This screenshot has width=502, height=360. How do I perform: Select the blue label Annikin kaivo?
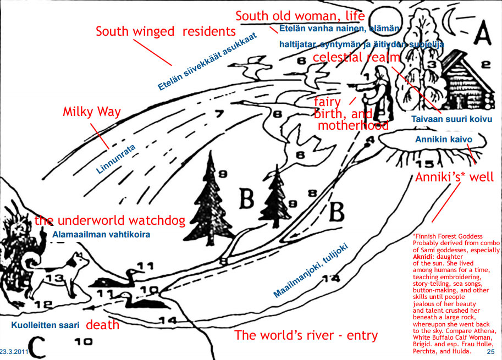coord(443,140)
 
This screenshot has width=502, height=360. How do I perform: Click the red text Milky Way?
coord(91,113)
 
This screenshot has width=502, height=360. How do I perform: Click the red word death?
coord(103,325)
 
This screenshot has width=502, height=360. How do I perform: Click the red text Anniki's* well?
coord(454,177)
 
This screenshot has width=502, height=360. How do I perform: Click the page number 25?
coord(492,350)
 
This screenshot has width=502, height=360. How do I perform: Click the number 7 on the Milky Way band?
coord(219,115)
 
